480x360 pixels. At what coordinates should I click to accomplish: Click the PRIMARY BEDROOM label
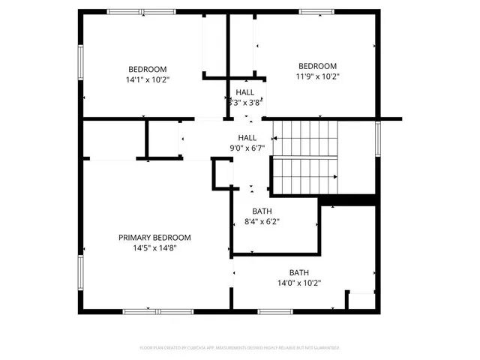click(x=154, y=238)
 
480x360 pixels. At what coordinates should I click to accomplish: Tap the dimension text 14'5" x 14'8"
click(x=154, y=247)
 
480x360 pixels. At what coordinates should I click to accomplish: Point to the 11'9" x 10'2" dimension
click(x=317, y=75)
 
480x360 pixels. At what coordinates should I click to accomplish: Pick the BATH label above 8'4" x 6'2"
click(x=262, y=211)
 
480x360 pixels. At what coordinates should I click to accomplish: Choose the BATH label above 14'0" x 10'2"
click(x=299, y=273)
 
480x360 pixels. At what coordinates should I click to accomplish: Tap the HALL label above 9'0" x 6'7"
click(x=247, y=138)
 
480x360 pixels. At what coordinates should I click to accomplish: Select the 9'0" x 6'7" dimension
click(x=247, y=148)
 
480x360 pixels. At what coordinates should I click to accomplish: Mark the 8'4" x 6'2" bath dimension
click(x=262, y=221)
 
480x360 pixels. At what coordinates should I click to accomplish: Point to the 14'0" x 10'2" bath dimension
click(x=299, y=283)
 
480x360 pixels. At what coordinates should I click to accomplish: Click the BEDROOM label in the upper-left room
click(x=147, y=69)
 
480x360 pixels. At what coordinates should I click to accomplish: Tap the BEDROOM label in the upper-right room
click(x=317, y=65)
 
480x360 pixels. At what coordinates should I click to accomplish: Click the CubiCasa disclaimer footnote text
click(x=239, y=348)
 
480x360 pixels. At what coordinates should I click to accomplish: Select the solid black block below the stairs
click(x=347, y=199)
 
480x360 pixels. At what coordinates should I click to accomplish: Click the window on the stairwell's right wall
click(x=378, y=136)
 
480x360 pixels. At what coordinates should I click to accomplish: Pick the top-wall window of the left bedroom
click(x=132, y=11)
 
